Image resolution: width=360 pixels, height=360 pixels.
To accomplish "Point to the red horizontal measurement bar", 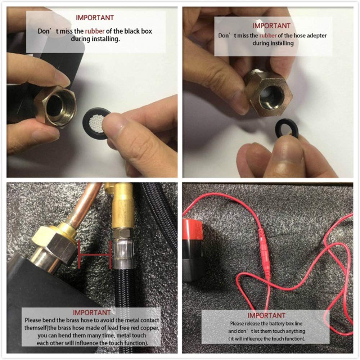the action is [95, 255].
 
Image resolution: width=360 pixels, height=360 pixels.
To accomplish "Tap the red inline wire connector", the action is [264, 253].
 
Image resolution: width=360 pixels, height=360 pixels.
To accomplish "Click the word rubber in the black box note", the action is [95, 31].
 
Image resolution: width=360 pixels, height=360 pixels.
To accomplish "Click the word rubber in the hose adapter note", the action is [268, 36].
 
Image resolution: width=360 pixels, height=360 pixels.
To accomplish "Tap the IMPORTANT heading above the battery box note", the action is [266, 315].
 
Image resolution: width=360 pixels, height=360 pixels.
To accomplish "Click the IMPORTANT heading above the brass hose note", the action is [91, 312].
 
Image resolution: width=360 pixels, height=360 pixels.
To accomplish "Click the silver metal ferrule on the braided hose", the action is [123, 254].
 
